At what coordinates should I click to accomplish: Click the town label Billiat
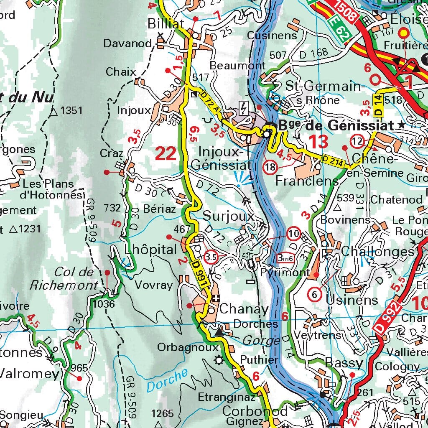166,25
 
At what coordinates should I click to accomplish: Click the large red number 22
166,154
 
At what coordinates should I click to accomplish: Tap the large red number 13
318,142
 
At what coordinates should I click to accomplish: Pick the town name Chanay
244,309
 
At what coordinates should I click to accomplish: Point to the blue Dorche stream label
167,381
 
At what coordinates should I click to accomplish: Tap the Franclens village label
307,181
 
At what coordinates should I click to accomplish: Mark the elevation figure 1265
162,414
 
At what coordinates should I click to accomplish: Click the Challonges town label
377,251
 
